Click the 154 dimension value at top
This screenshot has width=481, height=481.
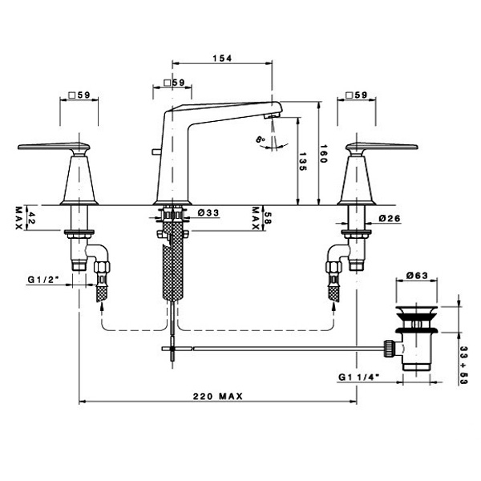pos(222,58)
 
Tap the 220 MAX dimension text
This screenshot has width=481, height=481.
pos(218,396)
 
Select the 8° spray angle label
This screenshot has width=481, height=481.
pos(261,139)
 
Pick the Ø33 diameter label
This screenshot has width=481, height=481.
pos(208,212)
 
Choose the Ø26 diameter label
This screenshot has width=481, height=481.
pos(390,218)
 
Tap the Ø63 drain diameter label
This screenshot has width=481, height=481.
pos(417,276)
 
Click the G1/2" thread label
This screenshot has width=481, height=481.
pos(43,280)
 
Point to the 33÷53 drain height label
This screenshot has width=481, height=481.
pos(463,365)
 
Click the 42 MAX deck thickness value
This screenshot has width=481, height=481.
pos(26,218)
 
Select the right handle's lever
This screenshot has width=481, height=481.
pos(382,147)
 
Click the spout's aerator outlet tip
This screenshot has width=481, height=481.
pos(272,116)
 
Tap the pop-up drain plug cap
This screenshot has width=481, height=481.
pos(416,309)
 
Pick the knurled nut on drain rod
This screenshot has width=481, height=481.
pos(389,348)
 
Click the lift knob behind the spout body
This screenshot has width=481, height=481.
pos(156,152)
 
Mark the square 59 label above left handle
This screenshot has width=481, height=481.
pos(79,95)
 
